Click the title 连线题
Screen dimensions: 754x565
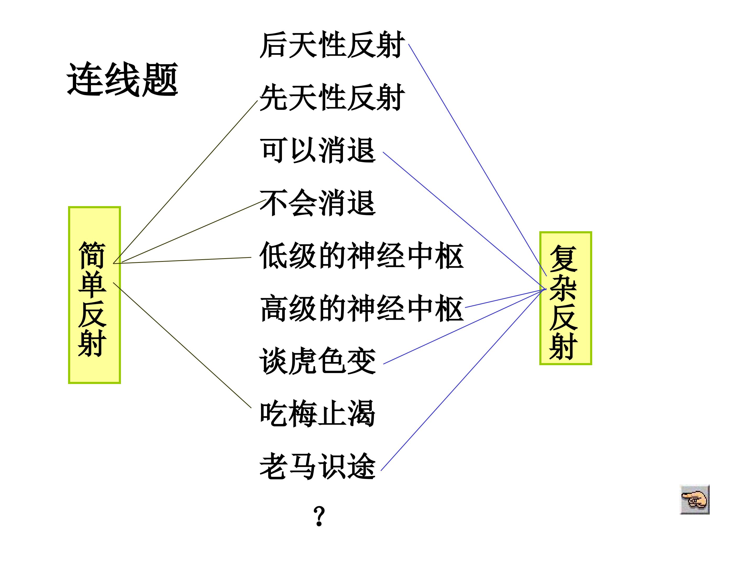(122, 79)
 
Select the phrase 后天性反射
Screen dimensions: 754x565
(332, 45)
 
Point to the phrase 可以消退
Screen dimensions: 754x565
(317, 150)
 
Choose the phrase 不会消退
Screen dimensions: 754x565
(317, 203)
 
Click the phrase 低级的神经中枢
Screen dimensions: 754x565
(361, 256)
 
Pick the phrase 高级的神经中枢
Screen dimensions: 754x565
(361, 309)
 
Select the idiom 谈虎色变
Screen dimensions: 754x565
(317, 361)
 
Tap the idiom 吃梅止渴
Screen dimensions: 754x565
(317, 414)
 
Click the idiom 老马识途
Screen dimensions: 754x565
(317, 467)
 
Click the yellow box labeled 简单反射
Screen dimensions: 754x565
(95, 295)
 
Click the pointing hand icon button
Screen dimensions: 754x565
(695, 500)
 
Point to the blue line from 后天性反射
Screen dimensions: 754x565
(478, 160)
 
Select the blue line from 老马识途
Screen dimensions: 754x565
(464, 380)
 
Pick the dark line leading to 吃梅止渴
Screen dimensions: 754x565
(182, 345)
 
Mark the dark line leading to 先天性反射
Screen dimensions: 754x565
(185, 182)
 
